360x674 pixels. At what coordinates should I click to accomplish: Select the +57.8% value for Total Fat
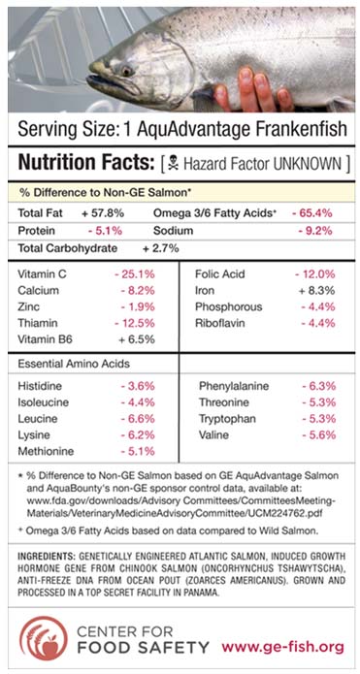point(102,210)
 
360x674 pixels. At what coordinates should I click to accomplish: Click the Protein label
point(41,231)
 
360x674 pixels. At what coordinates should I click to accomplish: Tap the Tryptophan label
point(229,419)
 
